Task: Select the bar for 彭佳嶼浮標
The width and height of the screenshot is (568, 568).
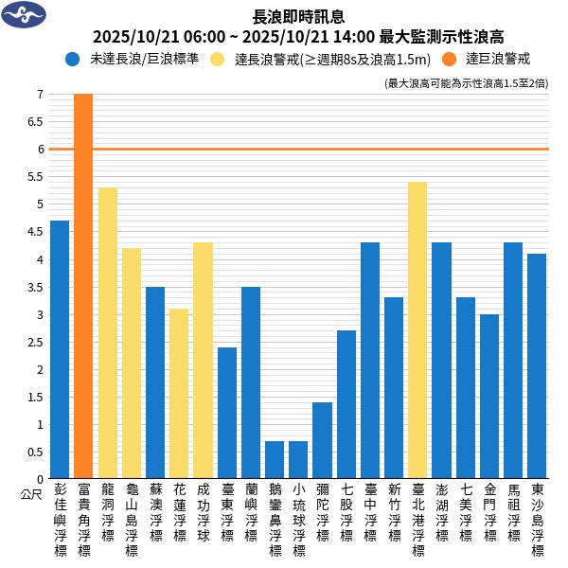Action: coord(60,349)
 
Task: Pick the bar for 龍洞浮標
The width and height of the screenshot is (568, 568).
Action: coord(108,332)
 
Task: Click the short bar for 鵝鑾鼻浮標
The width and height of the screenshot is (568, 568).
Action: coord(275,459)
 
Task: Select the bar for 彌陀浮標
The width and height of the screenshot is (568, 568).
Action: coord(322,440)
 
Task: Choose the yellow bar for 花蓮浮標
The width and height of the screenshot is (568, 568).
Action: coord(179,393)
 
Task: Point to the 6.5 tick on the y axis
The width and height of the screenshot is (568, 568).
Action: coord(39,121)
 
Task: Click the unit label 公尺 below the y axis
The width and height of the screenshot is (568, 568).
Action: coord(31,493)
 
